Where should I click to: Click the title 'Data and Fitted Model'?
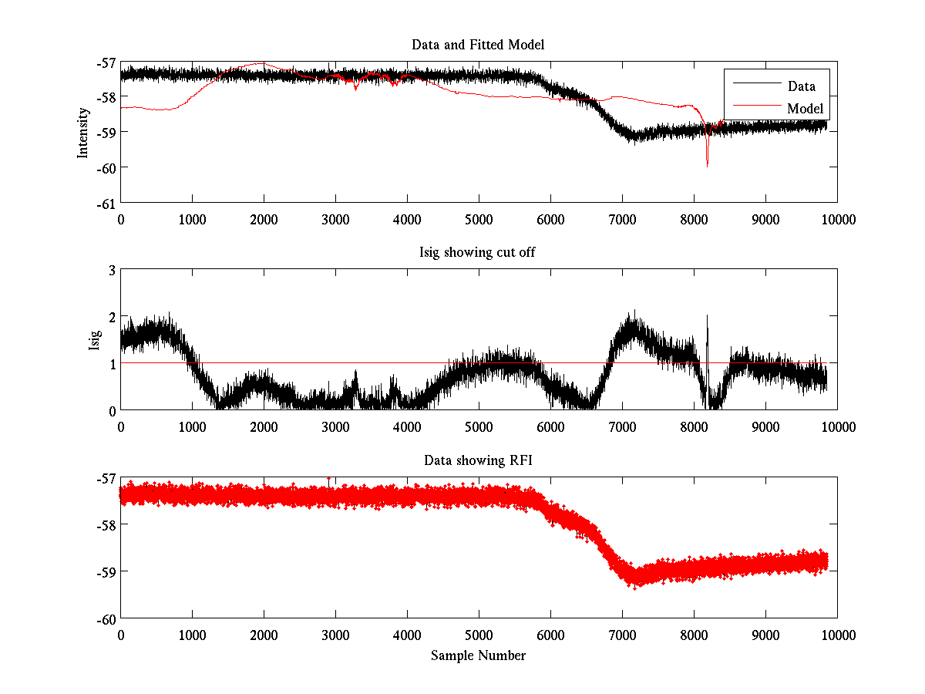point(478,45)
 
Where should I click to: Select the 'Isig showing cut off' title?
point(478,253)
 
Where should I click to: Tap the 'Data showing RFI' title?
point(478,460)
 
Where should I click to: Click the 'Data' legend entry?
point(801,86)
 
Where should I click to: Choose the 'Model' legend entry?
point(805,109)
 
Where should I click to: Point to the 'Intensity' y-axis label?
point(82,132)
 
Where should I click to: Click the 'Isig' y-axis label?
point(94,340)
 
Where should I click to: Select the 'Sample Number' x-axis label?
point(478,655)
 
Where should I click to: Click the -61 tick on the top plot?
point(107,203)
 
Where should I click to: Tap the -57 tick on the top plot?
point(107,62)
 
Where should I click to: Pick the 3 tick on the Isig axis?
point(112,270)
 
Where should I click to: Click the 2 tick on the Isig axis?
point(112,316)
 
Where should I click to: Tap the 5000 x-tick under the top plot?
point(479,219)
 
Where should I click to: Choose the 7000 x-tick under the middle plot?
point(622,426)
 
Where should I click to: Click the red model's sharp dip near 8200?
point(707,163)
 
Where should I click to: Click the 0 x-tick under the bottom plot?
point(121,635)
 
